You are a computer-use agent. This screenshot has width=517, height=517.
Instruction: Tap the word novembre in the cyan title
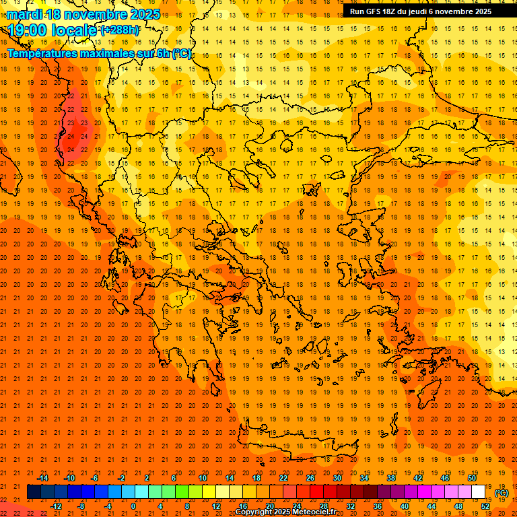pos(92,14)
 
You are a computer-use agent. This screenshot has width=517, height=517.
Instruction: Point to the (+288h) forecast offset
pos(120,30)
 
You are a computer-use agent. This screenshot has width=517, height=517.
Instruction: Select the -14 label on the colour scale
pos(42,478)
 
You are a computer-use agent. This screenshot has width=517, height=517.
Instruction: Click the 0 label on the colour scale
pos(133,506)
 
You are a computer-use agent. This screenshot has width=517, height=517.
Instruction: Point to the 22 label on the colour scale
pos(283,478)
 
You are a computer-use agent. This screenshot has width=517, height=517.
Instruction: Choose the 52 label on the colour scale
pos(485,506)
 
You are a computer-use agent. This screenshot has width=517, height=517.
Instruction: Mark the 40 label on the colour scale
pos(405,506)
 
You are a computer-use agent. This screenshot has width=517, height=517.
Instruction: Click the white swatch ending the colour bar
pos(479,492)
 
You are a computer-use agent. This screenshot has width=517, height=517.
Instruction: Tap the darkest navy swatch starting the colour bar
pos(34,492)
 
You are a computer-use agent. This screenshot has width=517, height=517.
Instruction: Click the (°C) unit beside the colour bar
pos(502,493)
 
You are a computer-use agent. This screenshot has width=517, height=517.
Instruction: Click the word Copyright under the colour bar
pos(254,512)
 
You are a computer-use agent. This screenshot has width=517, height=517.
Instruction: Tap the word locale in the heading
pos(73,30)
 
